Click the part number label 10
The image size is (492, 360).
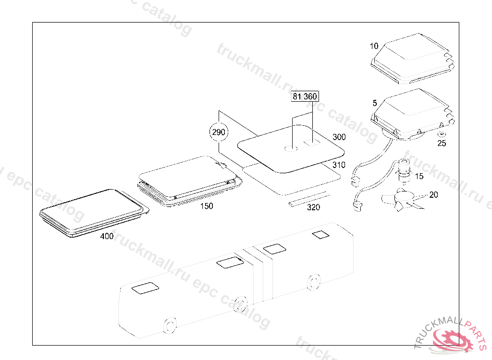[x=374, y=46]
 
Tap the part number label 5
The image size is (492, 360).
[x=375, y=103]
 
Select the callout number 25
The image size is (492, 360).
[x=442, y=144]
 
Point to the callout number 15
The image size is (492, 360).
[x=419, y=176]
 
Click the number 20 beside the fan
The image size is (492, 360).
[x=433, y=195]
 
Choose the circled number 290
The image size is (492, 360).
[x=219, y=132]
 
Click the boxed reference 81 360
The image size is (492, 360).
[x=305, y=96]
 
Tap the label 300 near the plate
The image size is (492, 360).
[x=339, y=137]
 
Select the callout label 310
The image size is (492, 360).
[x=339, y=165]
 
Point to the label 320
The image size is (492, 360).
[x=313, y=207]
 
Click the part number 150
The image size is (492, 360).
[x=207, y=206]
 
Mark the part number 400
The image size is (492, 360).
[x=107, y=236]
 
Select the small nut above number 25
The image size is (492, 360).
[x=442, y=134]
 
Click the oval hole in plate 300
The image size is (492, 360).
[x=291, y=149]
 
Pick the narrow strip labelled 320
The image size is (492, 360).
[x=309, y=199]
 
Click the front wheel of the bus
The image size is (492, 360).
[x=170, y=326]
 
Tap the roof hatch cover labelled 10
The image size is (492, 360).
[x=413, y=59]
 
